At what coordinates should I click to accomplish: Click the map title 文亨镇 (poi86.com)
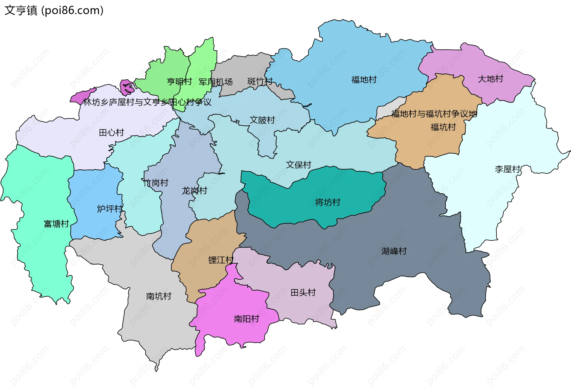pyautogui.click(x=54, y=10)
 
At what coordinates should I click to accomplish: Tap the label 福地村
pyautogui.click(x=364, y=80)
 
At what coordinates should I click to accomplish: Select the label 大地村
pyautogui.click(x=490, y=79)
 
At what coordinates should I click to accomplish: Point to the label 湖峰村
pyautogui.click(x=394, y=251)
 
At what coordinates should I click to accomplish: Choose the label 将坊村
pyautogui.click(x=327, y=203)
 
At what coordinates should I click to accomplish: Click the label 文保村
pyautogui.click(x=298, y=165)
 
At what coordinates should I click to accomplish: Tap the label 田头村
pyautogui.click(x=303, y=293)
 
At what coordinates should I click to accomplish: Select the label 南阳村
pyautogui.click(x=247, y=319)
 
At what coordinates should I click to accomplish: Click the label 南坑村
pyautogui.click(x=159, y=296)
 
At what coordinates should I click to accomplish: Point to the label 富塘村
pyautogui.click(x=56, y=224)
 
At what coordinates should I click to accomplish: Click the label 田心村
pyautogui.click(x=111, y=133)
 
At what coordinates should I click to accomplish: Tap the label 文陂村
pyautogui.click(x=262, y=120)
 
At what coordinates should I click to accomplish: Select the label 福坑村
pyautogui.click(x=443, y=127)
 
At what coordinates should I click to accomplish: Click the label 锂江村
pyautogui.click(x=221, y=260)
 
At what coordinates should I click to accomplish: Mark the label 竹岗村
pyautogui.click(x=156, y=183)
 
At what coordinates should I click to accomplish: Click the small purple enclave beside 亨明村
pyautogui.click(x=127, y=87)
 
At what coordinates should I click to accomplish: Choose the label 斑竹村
pyautogui.click(x=260, y=81)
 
